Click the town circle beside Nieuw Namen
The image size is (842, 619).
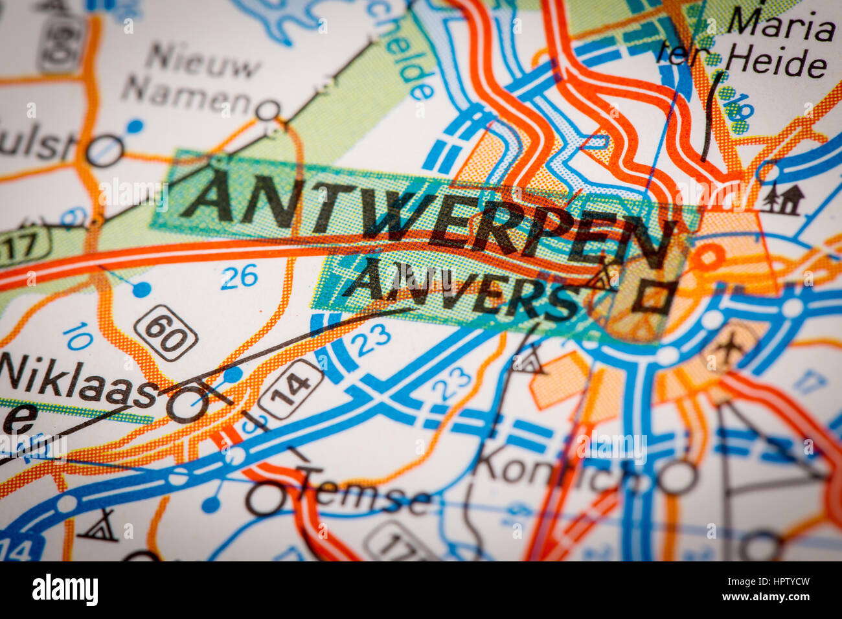pos(267,111)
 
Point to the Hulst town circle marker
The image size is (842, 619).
pos(104,151)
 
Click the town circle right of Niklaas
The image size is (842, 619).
pos(187,405)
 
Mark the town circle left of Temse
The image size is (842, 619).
pos(265,499)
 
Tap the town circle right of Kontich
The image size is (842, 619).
pos(677,477)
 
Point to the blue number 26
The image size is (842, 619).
pos(239,277)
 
